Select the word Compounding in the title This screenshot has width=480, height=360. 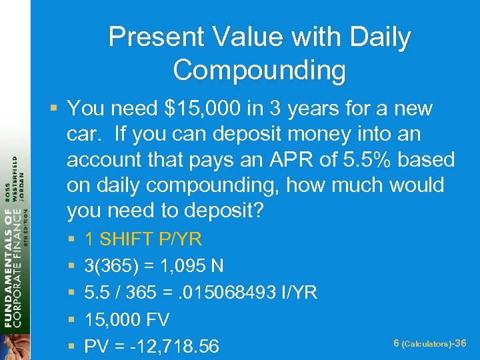(x=259, y=70)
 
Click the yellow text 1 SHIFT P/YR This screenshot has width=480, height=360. (x=143, y=239)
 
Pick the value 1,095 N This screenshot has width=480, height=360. (x=193, y=267)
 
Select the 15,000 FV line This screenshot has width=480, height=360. (x=127, y=320)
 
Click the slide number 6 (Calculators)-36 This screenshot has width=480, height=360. (x=429, y=343)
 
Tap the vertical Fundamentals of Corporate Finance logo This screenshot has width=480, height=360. (x=14, y=253)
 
